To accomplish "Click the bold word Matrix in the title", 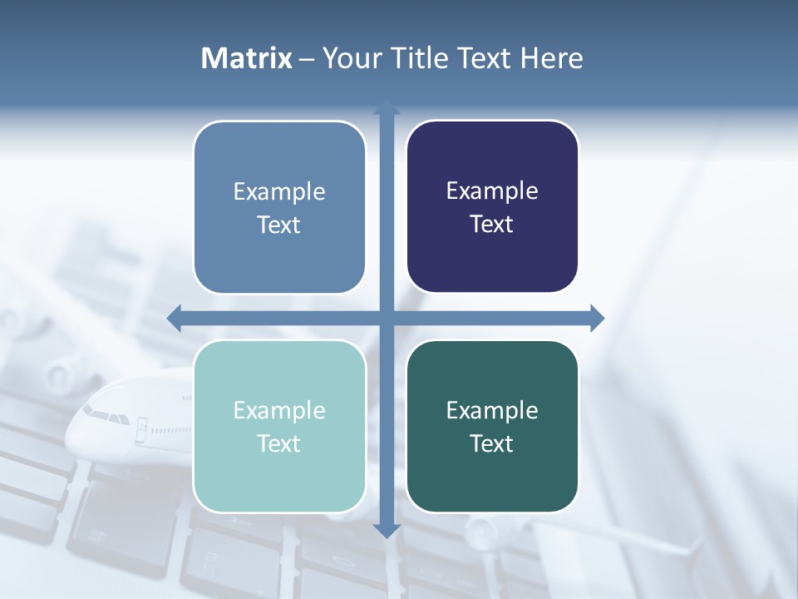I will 247,58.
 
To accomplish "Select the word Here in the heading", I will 551,58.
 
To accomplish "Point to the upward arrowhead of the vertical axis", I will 386,107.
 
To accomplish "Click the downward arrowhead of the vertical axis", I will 386,531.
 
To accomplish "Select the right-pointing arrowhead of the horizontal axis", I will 597,318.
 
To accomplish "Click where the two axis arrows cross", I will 386,318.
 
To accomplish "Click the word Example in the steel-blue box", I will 279,192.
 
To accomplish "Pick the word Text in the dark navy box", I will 492,224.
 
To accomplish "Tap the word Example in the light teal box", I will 279,411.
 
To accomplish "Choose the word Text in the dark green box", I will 492,443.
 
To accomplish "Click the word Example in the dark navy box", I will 492,191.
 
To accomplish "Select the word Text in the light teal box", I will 279,443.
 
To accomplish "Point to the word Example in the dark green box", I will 492,410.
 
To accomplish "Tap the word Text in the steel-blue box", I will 279,225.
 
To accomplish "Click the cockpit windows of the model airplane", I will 100,412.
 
